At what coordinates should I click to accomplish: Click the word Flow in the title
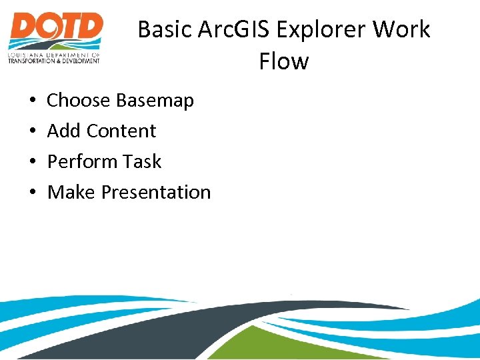[283, 61]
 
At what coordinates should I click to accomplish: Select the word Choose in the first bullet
[78, 101]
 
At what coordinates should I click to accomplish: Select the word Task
[143, 162]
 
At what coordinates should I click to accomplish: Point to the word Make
[71, 193]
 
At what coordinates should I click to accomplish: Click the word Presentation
[156, 193]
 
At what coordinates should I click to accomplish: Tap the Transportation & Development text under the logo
[54, 60]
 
